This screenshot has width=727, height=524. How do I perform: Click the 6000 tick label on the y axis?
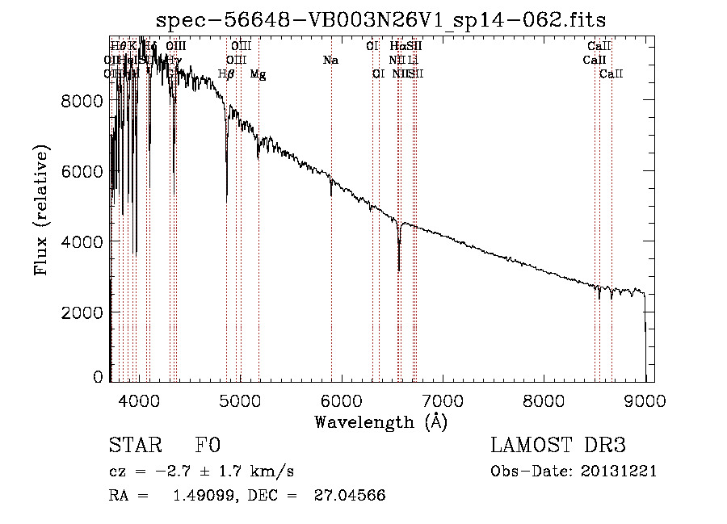[82, 171]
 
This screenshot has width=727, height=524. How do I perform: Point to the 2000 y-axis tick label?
[82, 312]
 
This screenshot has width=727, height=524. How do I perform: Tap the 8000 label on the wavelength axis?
[544, 400]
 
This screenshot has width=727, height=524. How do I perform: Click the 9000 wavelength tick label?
[645, 400]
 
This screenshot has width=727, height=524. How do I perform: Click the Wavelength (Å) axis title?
[380, 421]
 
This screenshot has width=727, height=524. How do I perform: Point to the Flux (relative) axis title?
[41, 210]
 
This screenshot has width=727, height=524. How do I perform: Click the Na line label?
[330, 60]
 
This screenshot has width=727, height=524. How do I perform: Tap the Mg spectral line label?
[258, 74]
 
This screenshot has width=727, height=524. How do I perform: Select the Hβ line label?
[226, 74]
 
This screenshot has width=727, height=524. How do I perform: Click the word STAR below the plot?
[135, 446]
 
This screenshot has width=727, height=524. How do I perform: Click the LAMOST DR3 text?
[557, 446]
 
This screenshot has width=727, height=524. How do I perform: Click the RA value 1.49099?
[201, 496]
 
